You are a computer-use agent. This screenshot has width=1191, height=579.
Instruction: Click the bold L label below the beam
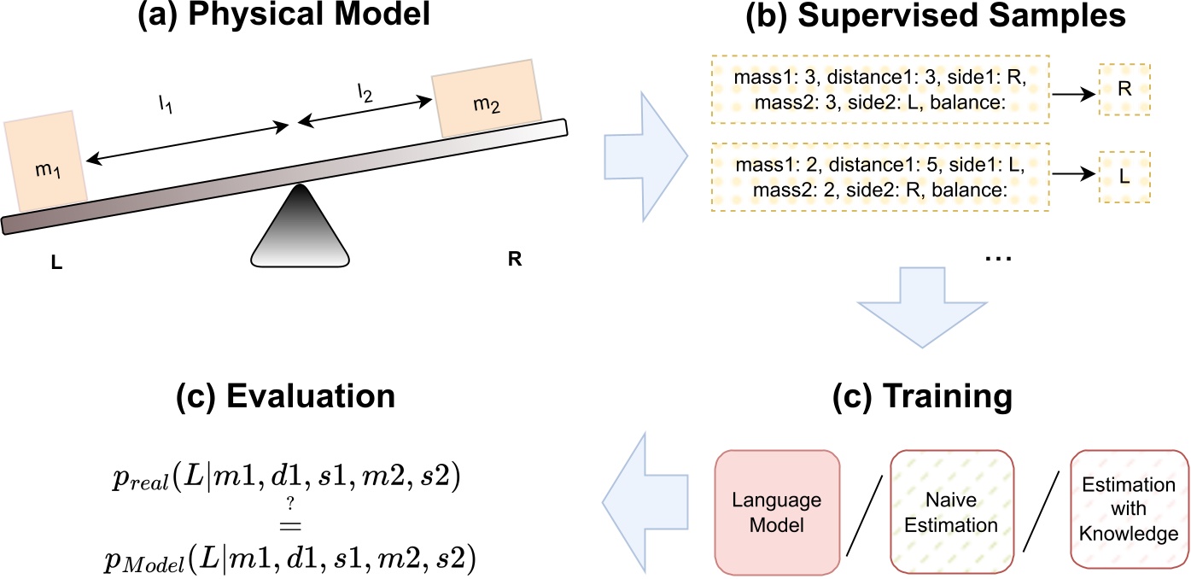tap(56, 265)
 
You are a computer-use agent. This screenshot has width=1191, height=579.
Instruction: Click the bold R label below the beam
tap(514, 259)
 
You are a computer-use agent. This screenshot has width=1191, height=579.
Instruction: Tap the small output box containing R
tap(1125, 87)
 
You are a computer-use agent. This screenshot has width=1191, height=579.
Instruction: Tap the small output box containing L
tap(1125, 176)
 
